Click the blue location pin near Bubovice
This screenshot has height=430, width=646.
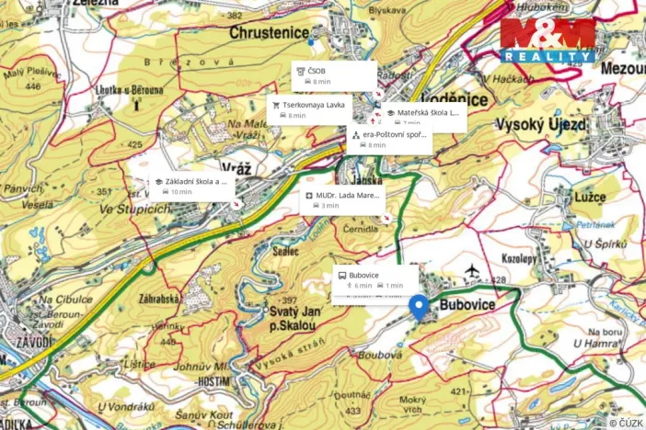pos(420,308)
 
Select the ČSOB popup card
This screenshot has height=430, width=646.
pos(333,75)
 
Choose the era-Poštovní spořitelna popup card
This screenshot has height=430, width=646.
pos(389,139)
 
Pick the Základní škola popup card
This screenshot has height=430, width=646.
pos(190,187)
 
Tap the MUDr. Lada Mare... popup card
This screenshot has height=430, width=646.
pos(342,199)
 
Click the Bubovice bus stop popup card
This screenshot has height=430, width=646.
pos(375,279)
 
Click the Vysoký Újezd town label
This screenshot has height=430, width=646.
pos(542,124)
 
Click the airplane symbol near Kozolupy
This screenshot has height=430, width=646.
pos(472,270)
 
